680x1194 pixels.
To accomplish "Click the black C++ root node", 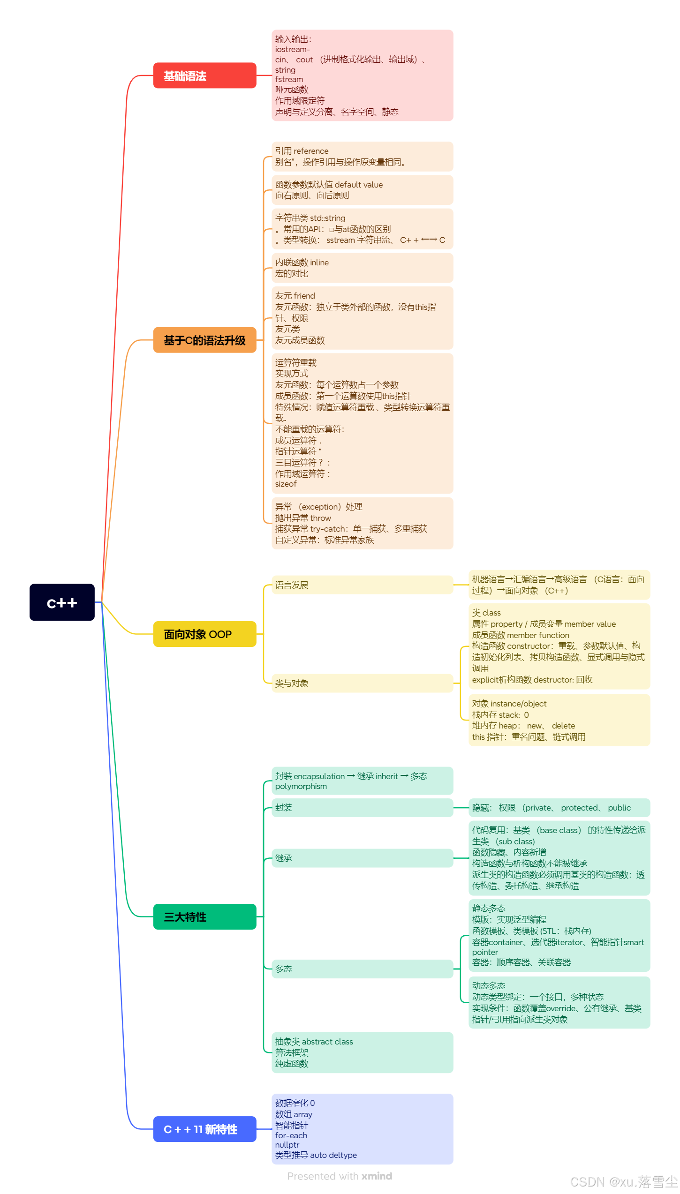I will pos(62,602).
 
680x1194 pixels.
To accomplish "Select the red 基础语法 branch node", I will pos(204,75).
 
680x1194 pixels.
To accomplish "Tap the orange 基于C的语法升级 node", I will pos(204,340).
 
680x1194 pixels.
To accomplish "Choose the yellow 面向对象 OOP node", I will pos(204,634).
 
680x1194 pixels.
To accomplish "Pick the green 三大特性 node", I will pos(204,916).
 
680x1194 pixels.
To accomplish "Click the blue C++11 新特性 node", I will pos(204,1129).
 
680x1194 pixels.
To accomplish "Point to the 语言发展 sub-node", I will pos(292,585).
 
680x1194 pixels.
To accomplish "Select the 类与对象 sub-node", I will pos(292,683).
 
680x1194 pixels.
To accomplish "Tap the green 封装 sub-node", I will pos(284,807).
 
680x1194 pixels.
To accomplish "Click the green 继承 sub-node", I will pos(284,858).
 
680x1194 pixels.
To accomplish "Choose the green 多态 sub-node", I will pos(284,969).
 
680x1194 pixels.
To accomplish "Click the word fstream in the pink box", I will pos(289,80).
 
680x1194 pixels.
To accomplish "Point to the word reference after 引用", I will pos(311,151).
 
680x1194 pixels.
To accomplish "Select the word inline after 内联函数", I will pos(319,263).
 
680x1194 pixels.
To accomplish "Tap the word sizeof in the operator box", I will pos(286,484).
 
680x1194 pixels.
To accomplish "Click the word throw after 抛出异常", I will pos(321,518).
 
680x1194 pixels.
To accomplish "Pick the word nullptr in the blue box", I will pos(287,1145).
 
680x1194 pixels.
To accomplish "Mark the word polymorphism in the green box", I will pos(301,786).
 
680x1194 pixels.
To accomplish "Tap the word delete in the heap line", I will pos(563,726).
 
